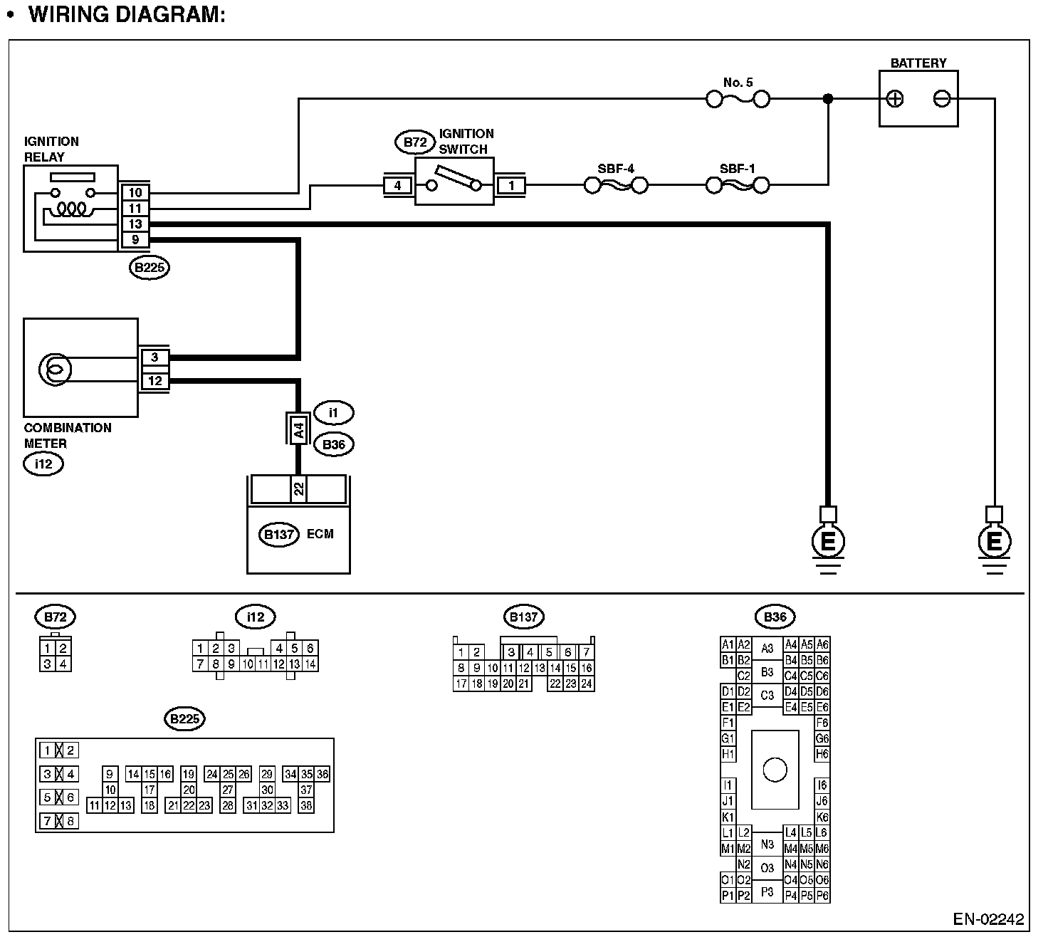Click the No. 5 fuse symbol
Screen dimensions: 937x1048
(737, 98)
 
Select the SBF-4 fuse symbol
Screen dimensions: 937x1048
(616, 186)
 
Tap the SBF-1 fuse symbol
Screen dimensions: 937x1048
(737, 186)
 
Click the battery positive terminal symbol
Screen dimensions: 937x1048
(895, 99)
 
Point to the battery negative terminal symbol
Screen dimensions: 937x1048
(941, 99)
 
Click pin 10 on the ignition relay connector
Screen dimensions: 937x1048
(135, 192)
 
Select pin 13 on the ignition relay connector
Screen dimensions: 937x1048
(135, 224)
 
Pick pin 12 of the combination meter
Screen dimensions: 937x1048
(154, 381)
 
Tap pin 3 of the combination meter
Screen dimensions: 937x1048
(154, 357)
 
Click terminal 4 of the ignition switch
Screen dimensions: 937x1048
(397, 186)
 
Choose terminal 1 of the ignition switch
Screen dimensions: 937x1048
(510, 186)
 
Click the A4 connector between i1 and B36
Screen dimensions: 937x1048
(299, 430)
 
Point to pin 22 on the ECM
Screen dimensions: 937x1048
(299, 488)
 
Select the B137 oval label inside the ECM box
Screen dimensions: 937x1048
(278, 535)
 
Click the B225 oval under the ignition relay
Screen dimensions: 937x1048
(150, 268)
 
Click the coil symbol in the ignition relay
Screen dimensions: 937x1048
(72, 209)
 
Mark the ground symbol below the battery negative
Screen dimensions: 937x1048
(994, 545)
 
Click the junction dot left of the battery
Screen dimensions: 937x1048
(827, 99)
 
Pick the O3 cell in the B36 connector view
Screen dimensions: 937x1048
(767, 868)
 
